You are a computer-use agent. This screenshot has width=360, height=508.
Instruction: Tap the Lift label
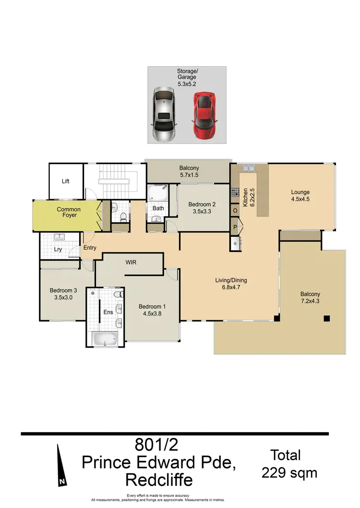click(x=66, y=181)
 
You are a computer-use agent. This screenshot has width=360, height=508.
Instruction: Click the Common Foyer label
click(x=69, y=212)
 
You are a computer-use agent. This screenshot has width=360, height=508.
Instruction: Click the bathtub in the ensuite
click(x=105, y=339)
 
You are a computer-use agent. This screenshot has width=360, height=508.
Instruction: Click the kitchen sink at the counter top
click(x=249, y=169)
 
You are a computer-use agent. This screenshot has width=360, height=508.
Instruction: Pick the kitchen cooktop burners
click(x=235, y=193)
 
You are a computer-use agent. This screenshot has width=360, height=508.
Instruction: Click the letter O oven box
click(x=235, y=211)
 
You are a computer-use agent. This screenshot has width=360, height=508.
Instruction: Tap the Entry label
click(x=90, y=248)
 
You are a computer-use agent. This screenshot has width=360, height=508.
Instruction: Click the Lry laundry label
click(x=58, y=250)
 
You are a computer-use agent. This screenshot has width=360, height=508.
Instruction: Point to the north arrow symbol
click(x=61, y=465)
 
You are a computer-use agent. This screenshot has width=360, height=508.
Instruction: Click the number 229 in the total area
click(x=276, y=473)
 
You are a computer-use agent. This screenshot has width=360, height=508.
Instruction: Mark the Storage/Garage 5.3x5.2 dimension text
click(x=187, y=84)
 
